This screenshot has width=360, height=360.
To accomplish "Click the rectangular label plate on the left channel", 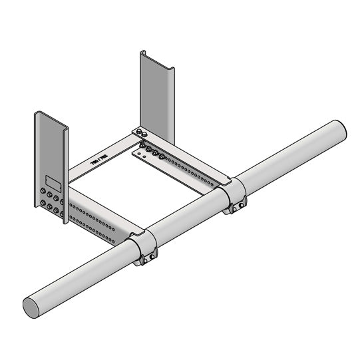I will (x=52, y=180).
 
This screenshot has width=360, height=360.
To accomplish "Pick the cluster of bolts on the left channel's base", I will (x=50, y=200).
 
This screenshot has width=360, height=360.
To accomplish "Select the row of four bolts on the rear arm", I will (x=152, y=152).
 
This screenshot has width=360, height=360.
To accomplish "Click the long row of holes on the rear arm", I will (x=193, y=169).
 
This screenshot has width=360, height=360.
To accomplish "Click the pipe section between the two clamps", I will (x=190, y=220).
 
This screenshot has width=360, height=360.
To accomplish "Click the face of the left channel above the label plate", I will (x=49, y=146).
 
